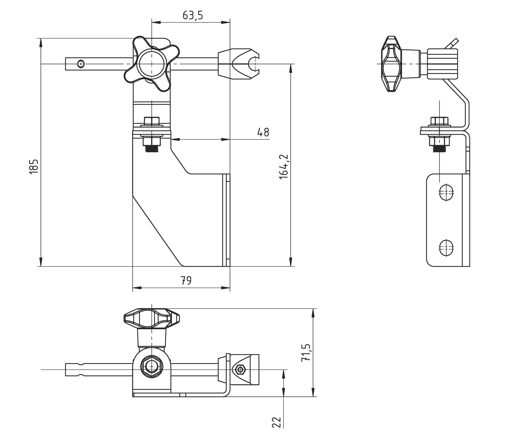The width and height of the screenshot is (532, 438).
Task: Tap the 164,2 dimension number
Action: coord(284,167)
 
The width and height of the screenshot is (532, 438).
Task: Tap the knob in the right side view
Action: coord(391,64)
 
